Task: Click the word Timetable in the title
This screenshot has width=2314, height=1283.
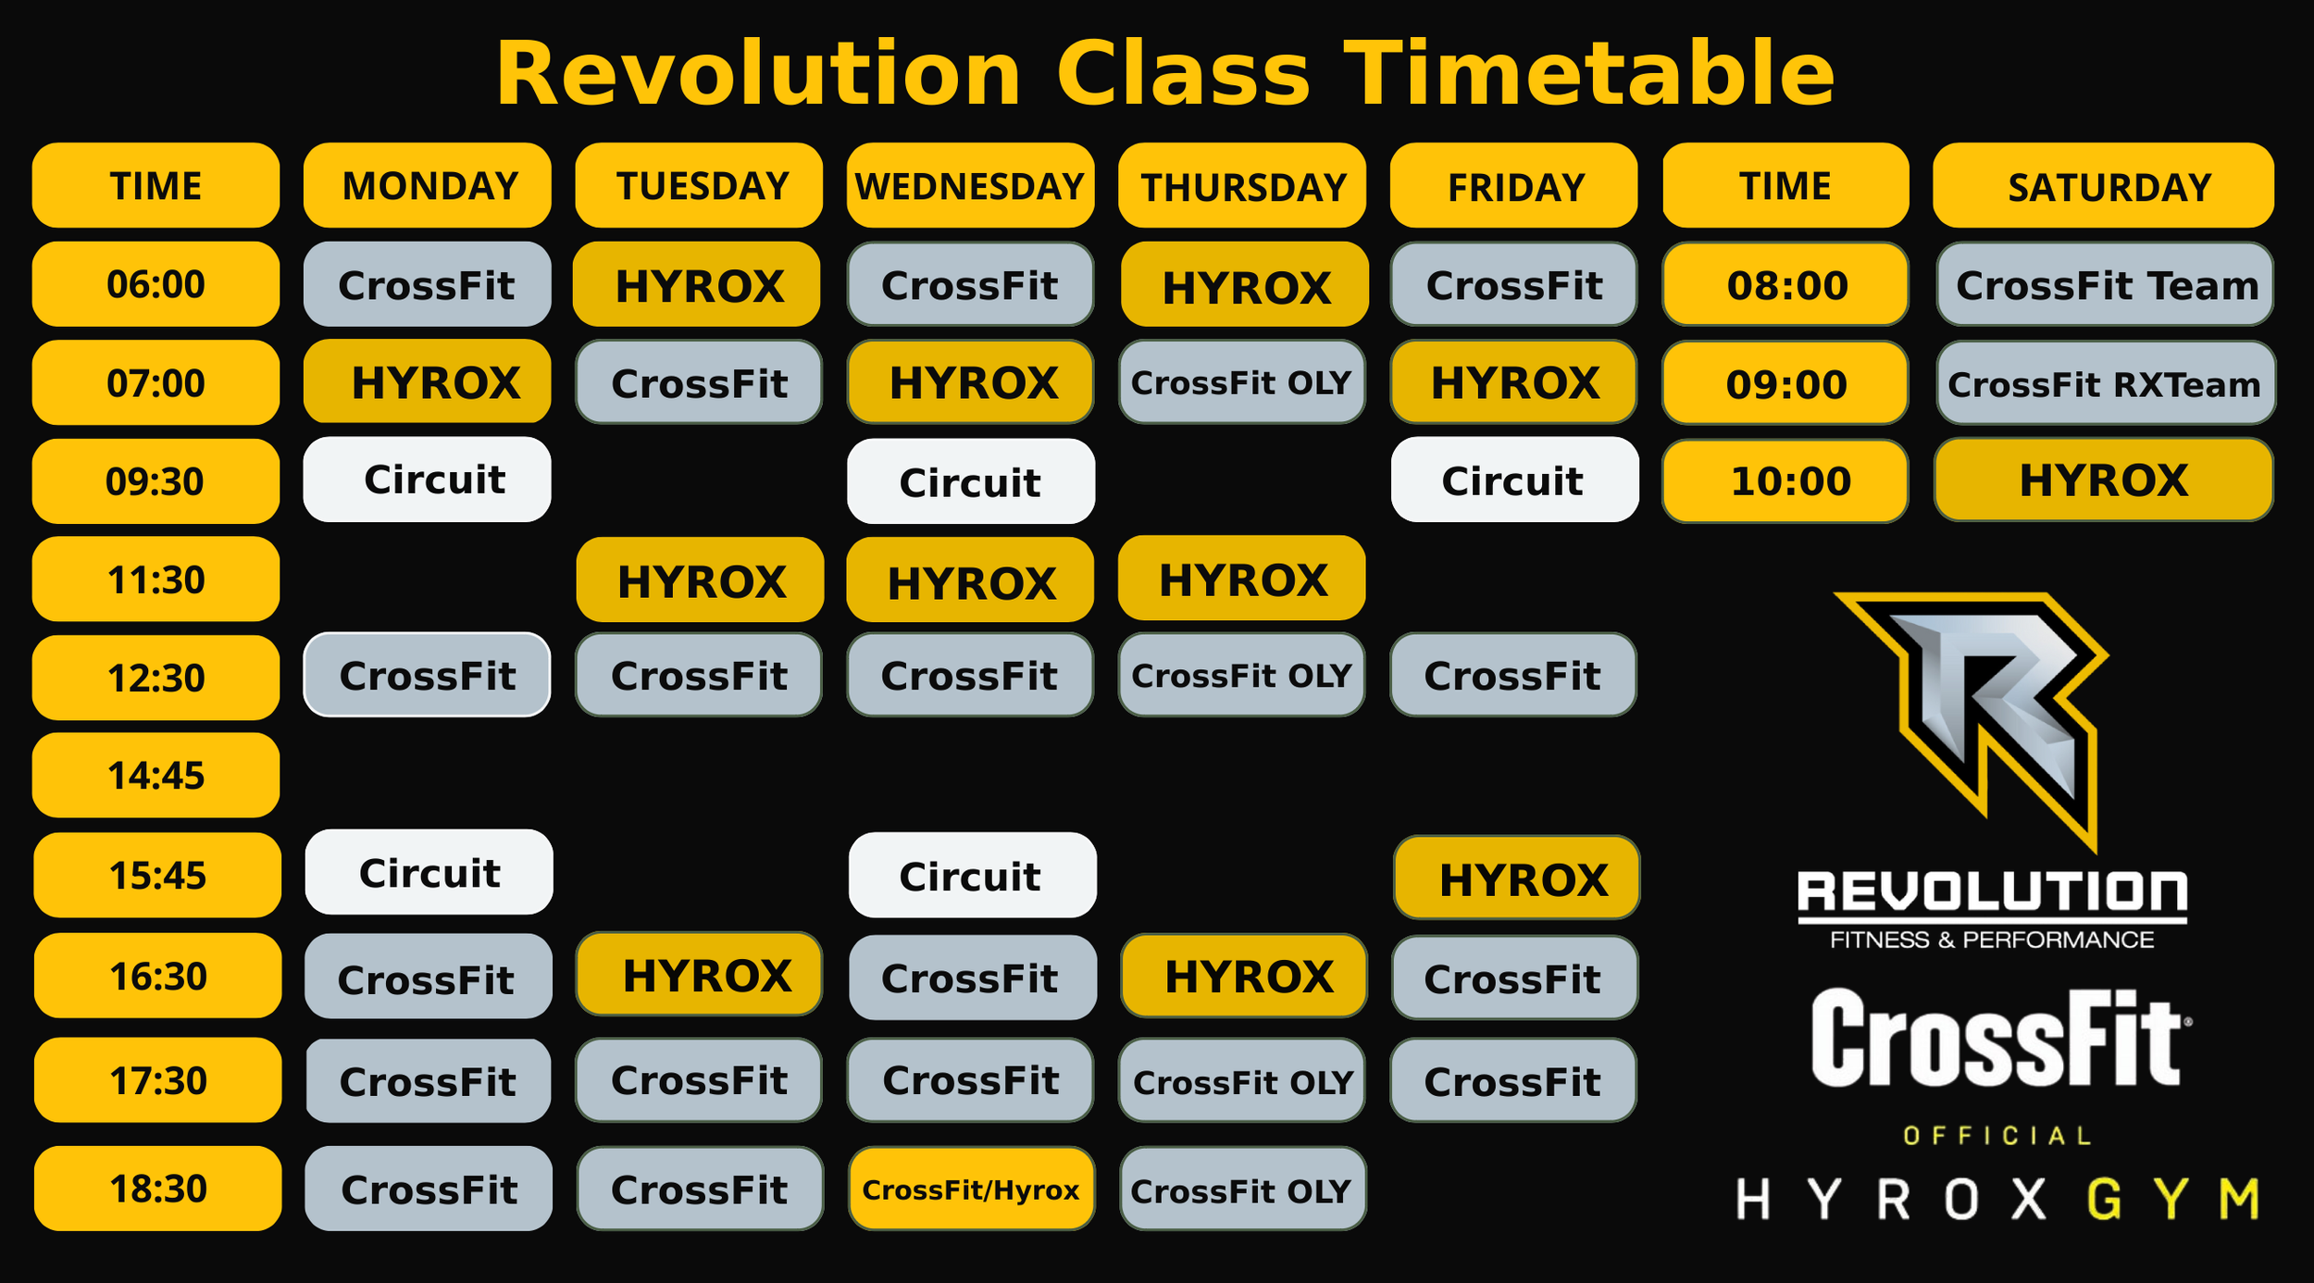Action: (1588, 74)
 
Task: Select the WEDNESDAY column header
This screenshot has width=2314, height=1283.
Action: (970, 186)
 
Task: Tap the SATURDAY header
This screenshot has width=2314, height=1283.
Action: (2103, 186)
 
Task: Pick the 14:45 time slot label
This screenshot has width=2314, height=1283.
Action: (156, 776)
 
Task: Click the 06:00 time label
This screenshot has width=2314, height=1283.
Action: (156, 284)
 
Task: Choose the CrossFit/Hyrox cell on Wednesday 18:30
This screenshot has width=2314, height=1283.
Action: (971, 1190)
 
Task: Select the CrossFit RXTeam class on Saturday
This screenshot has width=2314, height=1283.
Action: (2104, 383)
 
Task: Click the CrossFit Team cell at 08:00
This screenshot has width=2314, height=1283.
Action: (2105, 285)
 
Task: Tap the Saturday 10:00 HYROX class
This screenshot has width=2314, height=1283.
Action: (2103, 481)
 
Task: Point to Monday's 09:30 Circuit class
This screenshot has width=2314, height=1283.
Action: (428, 480)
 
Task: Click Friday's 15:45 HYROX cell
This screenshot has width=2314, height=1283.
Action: (1516, 878)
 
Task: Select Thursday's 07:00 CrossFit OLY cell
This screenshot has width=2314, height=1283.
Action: (1241, 382)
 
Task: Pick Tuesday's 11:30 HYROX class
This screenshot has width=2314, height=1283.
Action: (700, 580)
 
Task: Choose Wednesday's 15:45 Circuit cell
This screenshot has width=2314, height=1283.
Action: (972, 876)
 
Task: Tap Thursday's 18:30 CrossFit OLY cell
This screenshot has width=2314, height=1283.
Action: (1242, 1190)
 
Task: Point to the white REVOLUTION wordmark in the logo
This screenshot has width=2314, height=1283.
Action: (1992, 892)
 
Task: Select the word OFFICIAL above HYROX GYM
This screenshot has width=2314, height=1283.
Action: (1997, 1137)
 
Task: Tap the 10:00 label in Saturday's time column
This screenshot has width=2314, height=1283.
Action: (1785, 481)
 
